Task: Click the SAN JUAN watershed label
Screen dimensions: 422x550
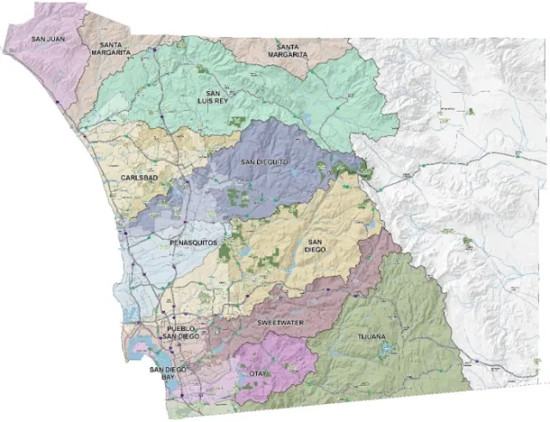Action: pos(46,39)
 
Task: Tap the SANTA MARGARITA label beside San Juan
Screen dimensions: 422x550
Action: pos(116,48)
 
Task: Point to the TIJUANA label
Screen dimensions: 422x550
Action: pos(373,338)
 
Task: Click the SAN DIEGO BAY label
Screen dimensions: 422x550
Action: pos(167,374)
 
